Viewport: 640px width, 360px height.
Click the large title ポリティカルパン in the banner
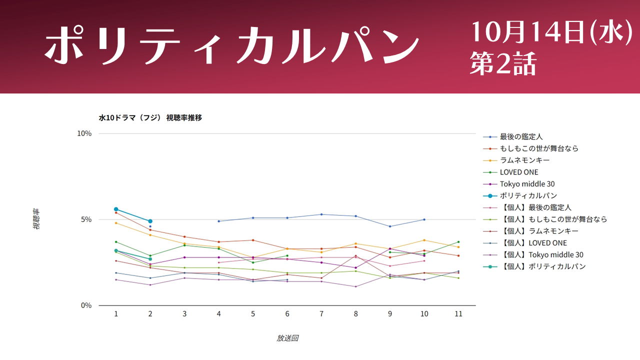click(232, 45)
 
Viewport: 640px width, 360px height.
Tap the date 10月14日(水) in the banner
click(551, 32)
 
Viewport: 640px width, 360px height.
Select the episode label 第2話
click(503, 63)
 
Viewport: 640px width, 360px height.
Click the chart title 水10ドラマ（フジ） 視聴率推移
click(150, 117)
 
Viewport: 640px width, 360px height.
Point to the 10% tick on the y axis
click(84, 133)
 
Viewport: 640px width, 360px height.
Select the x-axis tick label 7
click(321, 314)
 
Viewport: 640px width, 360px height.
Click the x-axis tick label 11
click(458, 314)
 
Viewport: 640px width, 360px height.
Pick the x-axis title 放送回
click(287, 338)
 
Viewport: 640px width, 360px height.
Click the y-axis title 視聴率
click(36, 219)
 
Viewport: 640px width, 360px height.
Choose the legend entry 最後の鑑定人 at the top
click(521, 137)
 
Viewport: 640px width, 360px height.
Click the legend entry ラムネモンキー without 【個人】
click(524, 160)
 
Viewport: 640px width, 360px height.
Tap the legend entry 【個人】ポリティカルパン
click(543, 266)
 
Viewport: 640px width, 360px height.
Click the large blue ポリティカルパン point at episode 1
click(116, 209)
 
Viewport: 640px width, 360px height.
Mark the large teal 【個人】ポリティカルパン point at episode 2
click(150, 259)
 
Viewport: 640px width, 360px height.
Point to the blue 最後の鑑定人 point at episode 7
click(321, 214)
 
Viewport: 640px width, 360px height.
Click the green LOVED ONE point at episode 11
click(458, 242)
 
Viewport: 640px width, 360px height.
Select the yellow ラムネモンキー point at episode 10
click(424, 240)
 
